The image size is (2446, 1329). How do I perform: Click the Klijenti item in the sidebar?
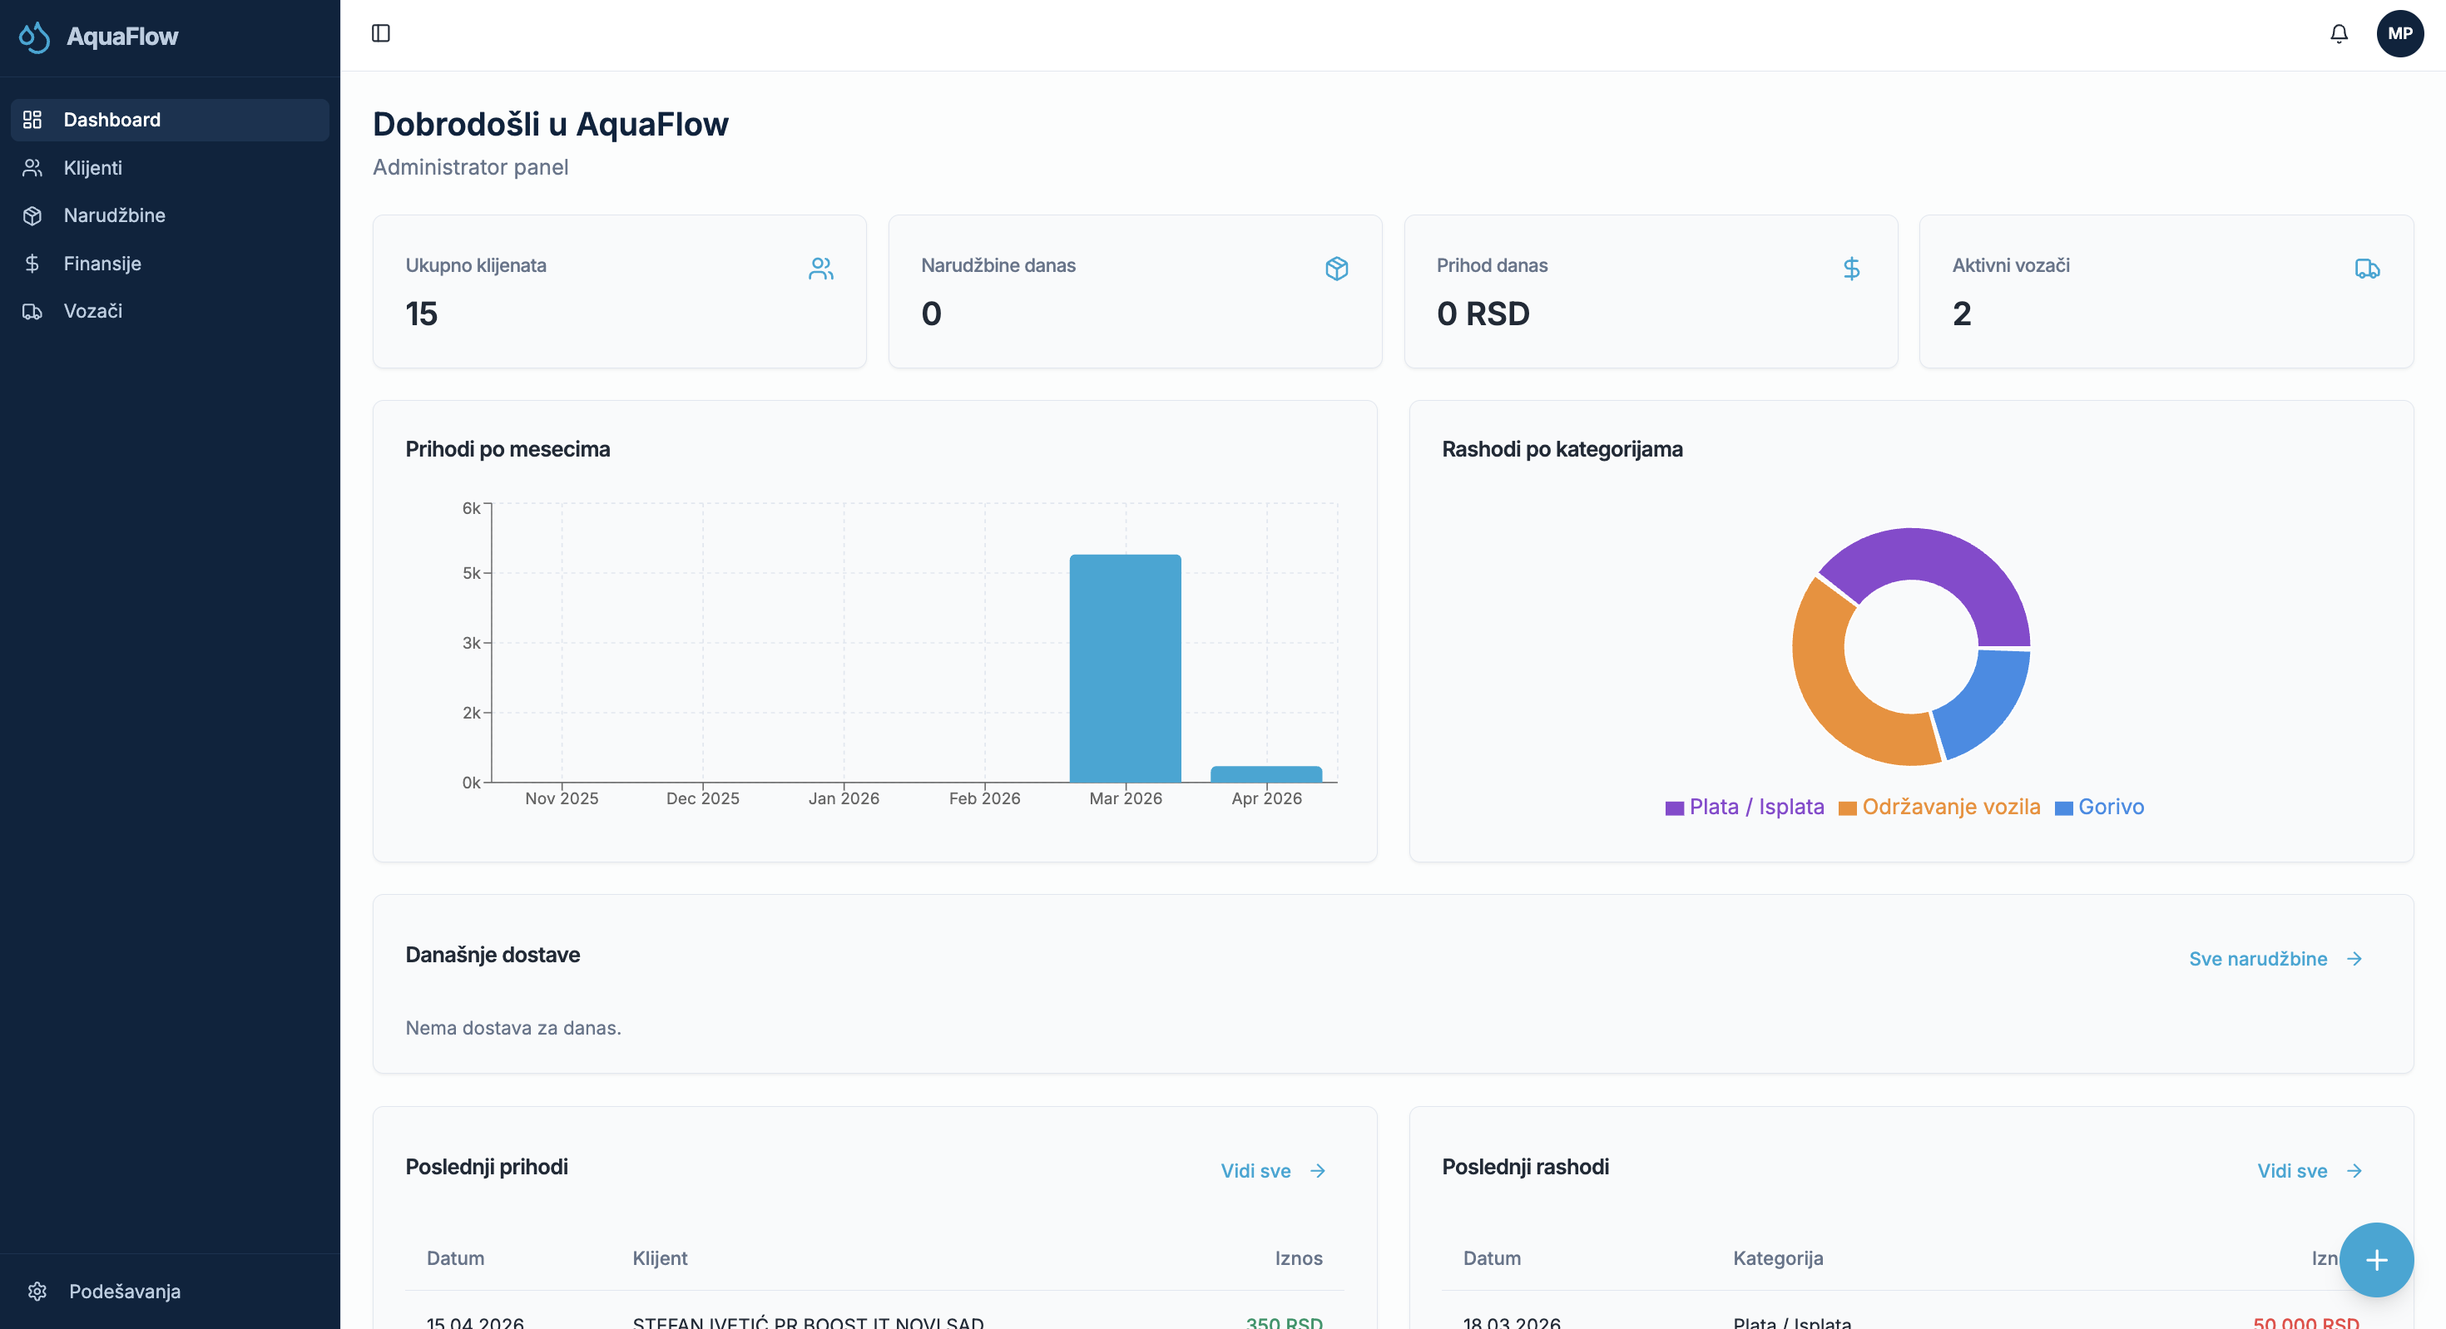92,168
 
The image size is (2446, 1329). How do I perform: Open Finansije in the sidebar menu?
102,263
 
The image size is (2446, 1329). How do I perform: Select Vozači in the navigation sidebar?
92,310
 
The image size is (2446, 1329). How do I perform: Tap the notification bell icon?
2339,34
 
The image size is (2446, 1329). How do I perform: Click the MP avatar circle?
2399,34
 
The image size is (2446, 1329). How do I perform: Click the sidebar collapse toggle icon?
381,34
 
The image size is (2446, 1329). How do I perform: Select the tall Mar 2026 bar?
1125,669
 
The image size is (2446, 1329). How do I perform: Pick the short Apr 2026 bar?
1265,774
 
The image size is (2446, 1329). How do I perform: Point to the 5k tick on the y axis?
472,573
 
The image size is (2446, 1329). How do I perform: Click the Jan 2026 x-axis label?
843,798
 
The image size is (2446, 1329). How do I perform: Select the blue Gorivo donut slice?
1984,703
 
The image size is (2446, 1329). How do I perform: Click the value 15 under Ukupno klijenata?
422,314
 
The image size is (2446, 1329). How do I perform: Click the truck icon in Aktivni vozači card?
2366,269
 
